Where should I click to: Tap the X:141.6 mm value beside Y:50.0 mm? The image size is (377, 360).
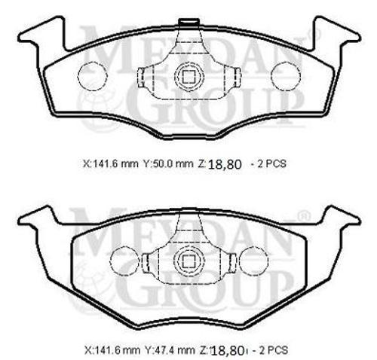tap(109, 163)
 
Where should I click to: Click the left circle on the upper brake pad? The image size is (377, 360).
tap(90, 74)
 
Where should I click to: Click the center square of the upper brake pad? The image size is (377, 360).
tap(186, 75)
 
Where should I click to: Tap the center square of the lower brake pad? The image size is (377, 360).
tap(186, 262)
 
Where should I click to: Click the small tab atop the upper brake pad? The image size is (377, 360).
tap(186, 21)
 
